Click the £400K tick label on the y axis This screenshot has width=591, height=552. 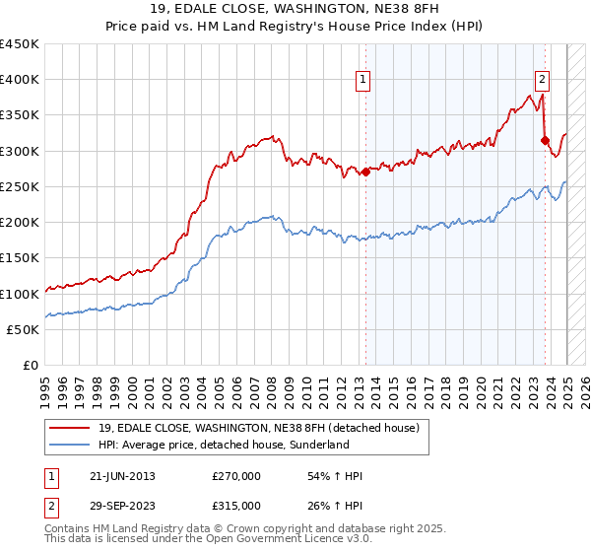(x=19, y=80)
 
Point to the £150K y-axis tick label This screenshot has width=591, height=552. (x=19, y=258)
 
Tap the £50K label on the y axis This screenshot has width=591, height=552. (x=23, y=329)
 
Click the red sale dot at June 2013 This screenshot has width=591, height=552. (x=365, y=172)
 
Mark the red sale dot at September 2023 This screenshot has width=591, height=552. (x=545, y=140)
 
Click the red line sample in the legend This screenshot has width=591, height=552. (x=70, y=428)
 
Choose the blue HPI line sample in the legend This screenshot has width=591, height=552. (x=70, y=445)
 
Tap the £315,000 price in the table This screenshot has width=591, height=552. (x=236, y=506)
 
